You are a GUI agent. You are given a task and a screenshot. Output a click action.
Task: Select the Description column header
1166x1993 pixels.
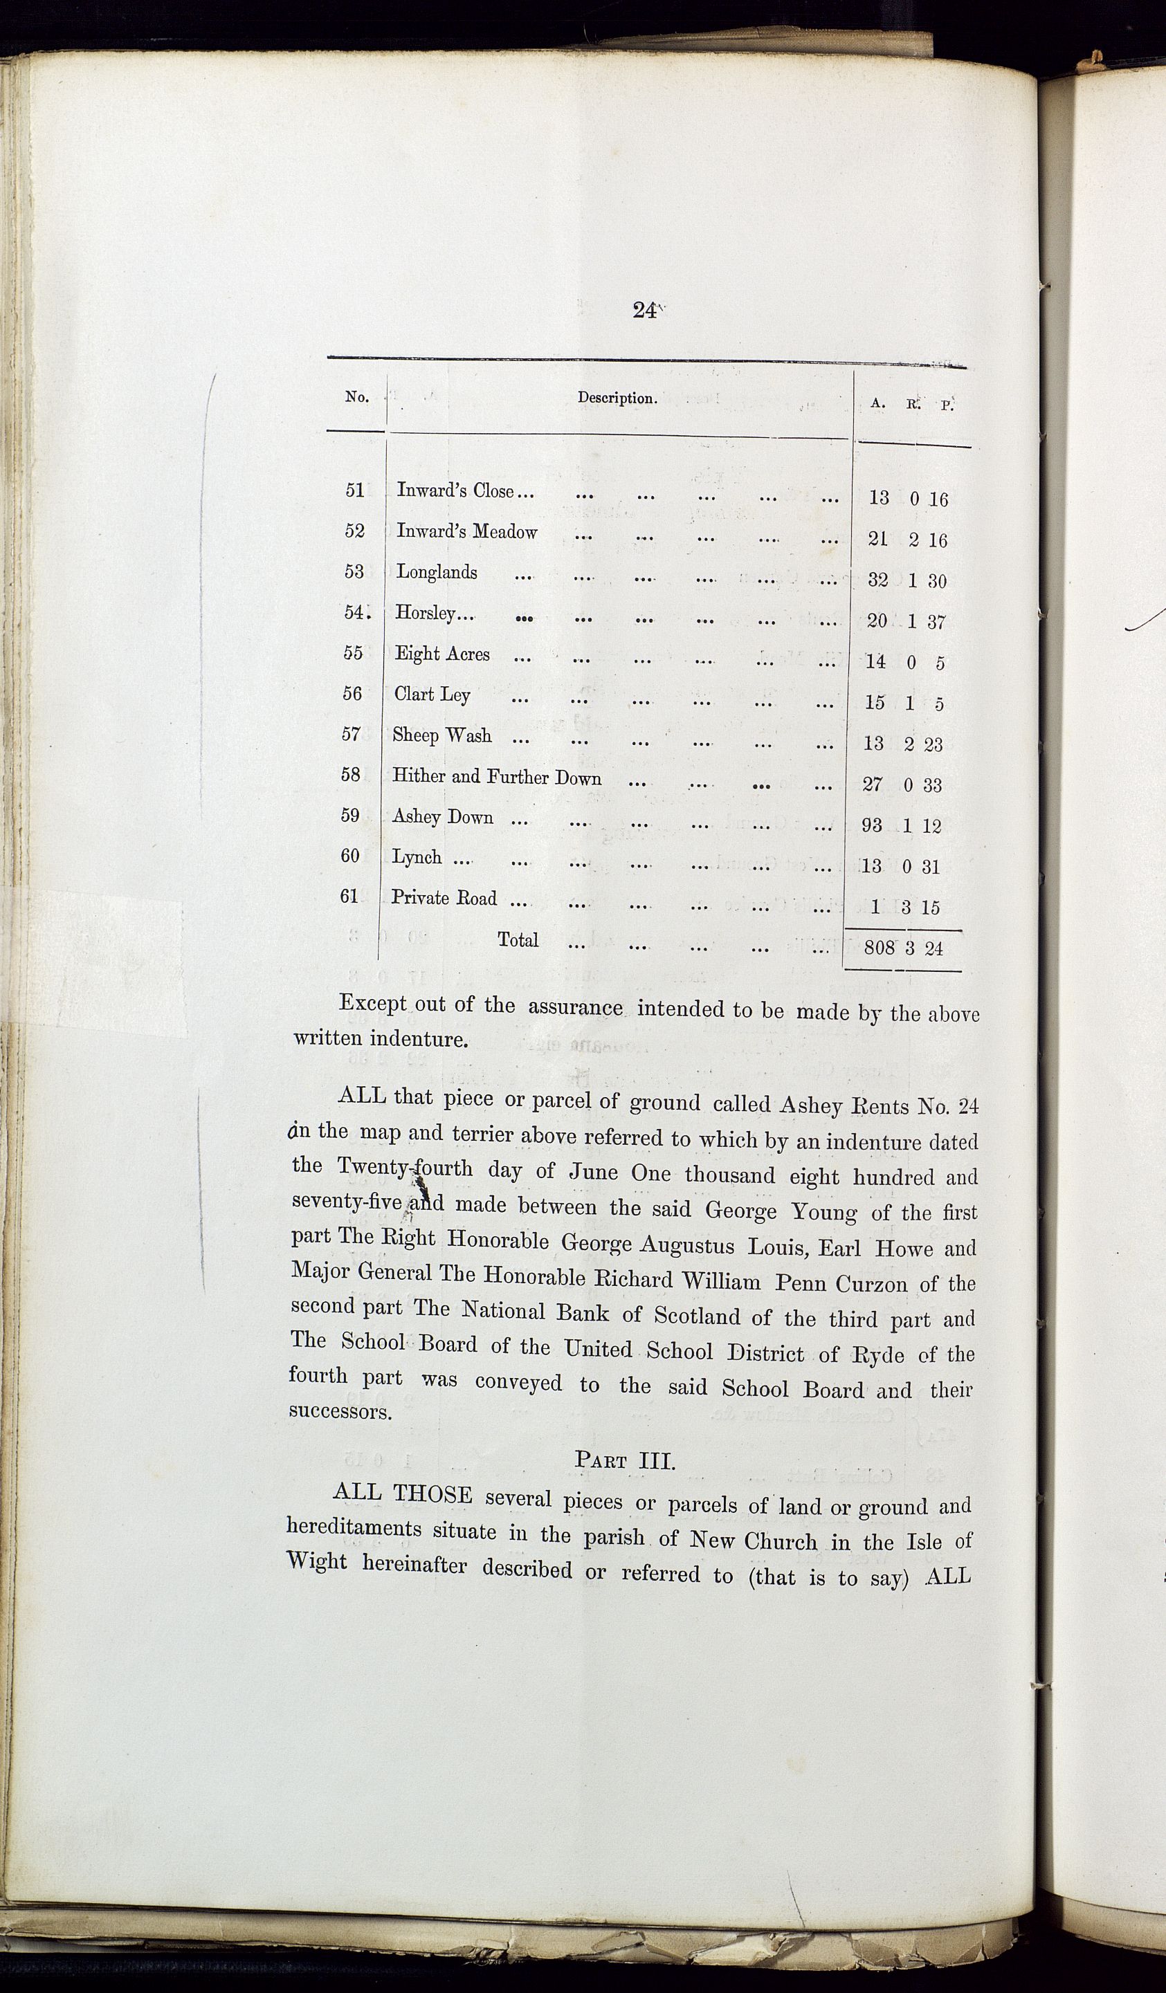[617, 398]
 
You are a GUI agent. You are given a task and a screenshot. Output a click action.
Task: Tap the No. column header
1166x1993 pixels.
[357, 397]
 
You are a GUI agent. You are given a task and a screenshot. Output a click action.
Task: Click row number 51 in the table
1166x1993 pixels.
[355, 490]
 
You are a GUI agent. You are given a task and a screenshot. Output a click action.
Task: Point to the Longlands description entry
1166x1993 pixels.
[437, 572]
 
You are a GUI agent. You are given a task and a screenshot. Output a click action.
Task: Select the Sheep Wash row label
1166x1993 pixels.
[441, 735]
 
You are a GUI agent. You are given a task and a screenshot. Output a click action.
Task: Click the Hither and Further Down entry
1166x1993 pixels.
[497, 777]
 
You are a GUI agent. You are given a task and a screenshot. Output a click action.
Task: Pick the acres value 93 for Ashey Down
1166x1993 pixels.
[872, 825]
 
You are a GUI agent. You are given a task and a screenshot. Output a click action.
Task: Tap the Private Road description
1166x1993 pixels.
[444, 898]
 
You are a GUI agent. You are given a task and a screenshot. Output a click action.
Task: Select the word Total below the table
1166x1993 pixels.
[518, 939]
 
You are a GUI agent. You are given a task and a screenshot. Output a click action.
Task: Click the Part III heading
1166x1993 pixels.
[624, 1460]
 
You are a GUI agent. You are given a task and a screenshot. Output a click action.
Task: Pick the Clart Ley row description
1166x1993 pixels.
[432, 695]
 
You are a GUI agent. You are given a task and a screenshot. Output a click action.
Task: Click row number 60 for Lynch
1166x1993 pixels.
[349, 856]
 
